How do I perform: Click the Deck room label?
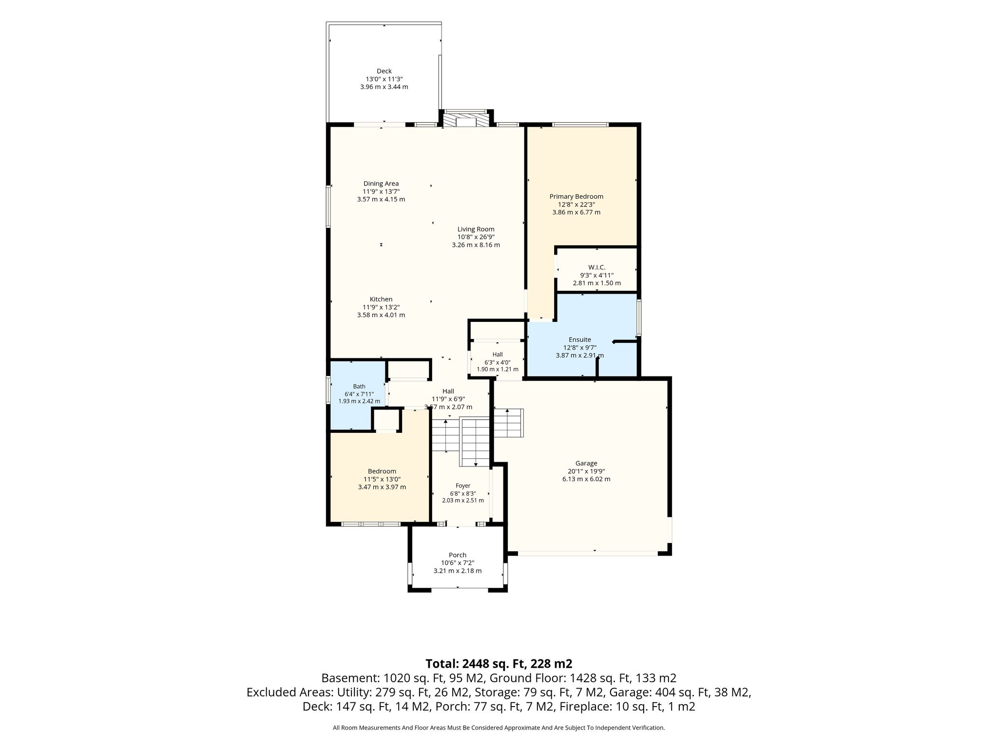384,71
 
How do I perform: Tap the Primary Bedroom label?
576,197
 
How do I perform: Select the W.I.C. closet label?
597,267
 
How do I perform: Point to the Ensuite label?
580,339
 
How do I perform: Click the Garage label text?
586,464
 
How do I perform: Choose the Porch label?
458,555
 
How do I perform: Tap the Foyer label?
463,486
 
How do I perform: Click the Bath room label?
359,387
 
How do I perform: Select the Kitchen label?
381,299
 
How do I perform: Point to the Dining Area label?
381,184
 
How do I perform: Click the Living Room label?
476,229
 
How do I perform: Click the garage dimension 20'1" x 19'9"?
586,471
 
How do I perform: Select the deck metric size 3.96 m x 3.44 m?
384,87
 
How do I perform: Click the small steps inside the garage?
508,423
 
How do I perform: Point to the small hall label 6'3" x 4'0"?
498,362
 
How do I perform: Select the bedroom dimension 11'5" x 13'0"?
382,479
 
